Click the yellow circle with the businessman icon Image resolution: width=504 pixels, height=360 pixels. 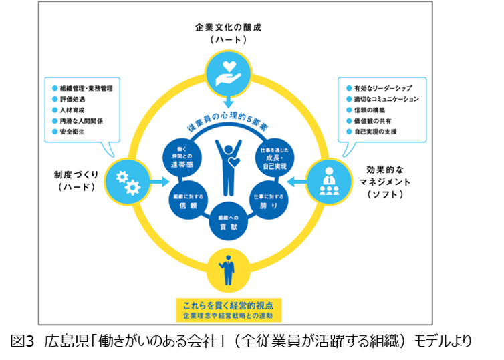pos(228,269)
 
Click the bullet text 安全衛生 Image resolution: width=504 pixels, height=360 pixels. pos(74,132)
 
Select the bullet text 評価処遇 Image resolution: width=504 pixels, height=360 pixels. pos(73,99)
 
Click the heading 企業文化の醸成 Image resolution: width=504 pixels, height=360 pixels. pos(228,27)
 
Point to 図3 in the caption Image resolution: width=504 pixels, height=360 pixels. pos(23,340)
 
